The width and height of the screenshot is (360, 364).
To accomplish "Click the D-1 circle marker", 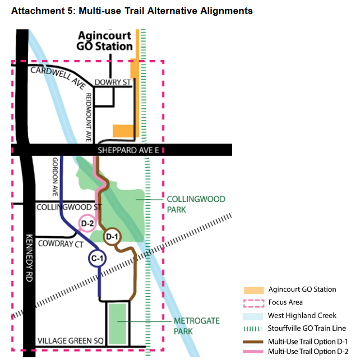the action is pos(112,237).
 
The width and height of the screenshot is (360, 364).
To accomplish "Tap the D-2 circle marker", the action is pos(87,223).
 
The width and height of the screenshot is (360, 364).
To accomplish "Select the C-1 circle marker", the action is pos(97,259).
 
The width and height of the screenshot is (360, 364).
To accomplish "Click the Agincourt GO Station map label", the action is pos(104,41).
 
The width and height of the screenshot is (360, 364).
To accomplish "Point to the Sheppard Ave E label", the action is pos(128,150).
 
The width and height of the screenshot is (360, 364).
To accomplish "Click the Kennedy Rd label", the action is pos(29,257).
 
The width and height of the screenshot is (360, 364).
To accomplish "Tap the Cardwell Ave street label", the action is pos(58,77).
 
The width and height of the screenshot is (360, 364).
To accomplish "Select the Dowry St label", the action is pos(113,82).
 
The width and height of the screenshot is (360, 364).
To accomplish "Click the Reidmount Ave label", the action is pos(89,117).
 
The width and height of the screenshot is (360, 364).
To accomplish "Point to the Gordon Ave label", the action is pos(55,177).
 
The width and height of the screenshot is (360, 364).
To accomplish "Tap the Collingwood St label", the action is pos(69,207).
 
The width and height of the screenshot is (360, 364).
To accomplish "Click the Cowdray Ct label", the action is pos(61,244).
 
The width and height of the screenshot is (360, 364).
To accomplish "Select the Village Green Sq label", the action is pos(70,340).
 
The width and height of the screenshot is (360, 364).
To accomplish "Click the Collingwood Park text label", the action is pos(196,204).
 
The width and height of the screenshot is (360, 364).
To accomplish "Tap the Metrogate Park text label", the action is pos(197,326).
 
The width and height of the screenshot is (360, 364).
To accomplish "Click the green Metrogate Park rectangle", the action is pos(118,324).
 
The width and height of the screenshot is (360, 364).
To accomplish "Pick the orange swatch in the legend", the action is pos(253,290).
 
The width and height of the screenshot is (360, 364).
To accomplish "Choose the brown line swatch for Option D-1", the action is pos(253,342).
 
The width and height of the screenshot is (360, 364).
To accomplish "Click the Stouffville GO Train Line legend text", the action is pos(307,328).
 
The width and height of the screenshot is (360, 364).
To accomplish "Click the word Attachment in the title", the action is pos(38,11).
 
